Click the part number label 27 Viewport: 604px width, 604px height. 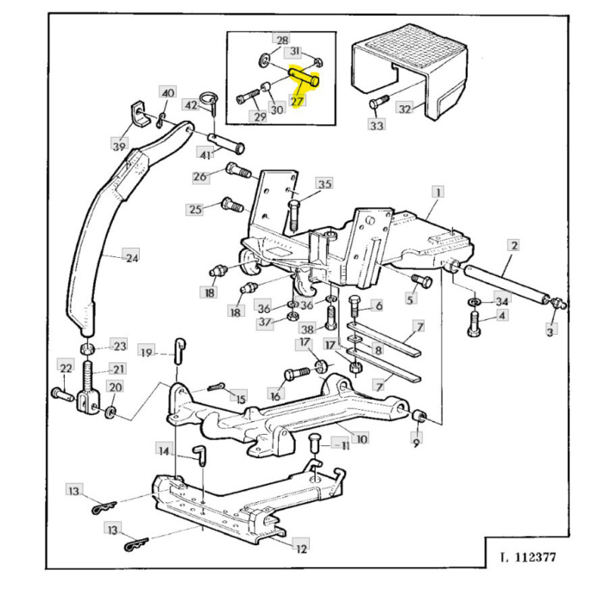click(298, 102)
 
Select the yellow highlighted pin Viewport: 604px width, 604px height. click(305, 79)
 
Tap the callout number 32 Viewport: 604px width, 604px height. click(405, 109)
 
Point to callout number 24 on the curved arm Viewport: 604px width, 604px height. click(131, 257)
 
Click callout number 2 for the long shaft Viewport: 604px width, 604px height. click(513, 246)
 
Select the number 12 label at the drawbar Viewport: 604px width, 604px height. click(301, 546)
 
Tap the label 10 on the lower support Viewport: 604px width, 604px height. click(362, 438)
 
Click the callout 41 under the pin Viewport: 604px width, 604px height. click(205, 154)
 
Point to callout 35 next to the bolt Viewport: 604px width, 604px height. click(324, 184)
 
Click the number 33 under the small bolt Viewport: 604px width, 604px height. click(376, 126)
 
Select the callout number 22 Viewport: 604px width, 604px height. click(65, 368)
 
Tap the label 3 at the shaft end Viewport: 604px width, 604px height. click(551, 329)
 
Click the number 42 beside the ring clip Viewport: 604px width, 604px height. click(191, 105)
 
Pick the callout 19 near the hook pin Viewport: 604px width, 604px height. click(148, 351)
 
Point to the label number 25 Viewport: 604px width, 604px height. click(195, 209)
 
